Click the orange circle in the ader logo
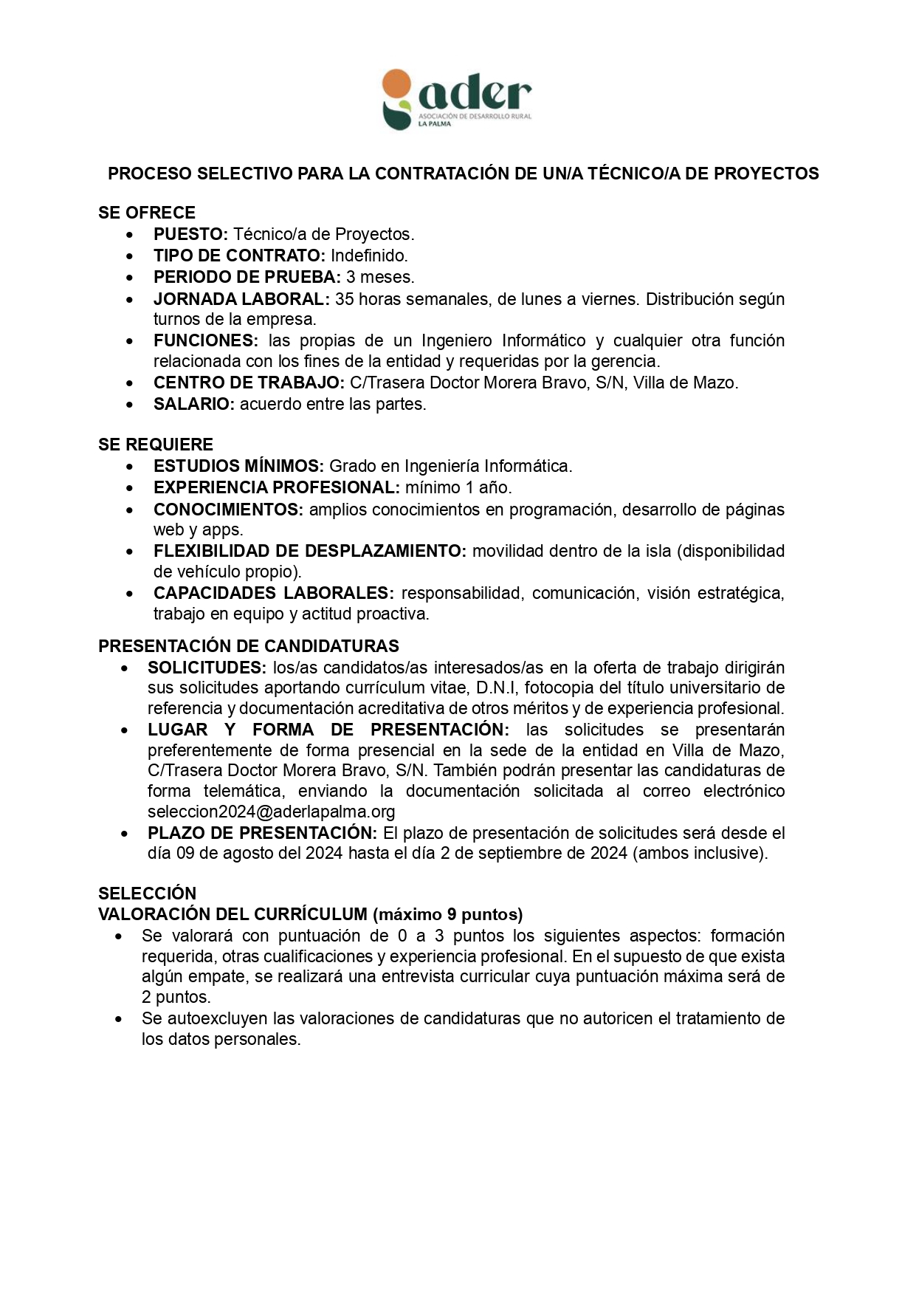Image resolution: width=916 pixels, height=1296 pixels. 396,84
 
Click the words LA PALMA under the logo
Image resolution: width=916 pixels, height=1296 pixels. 434,124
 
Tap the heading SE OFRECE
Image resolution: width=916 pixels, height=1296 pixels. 147,213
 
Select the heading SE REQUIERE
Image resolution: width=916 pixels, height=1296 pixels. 156,445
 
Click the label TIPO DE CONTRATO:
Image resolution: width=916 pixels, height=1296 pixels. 239,256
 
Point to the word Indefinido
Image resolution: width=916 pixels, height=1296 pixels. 369,256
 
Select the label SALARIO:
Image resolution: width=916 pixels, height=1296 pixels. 194,404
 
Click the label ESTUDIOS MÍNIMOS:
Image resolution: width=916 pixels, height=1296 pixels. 238,466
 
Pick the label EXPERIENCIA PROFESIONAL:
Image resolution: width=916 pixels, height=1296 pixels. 277,487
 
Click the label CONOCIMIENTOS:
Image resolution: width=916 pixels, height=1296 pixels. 228,510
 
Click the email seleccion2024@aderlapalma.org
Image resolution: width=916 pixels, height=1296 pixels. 272,812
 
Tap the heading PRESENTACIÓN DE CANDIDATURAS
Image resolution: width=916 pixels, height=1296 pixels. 249,646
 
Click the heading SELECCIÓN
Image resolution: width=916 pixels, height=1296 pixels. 148,894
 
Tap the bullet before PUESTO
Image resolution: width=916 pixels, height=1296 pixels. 130,235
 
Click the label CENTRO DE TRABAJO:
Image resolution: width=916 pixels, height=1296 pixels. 249,383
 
